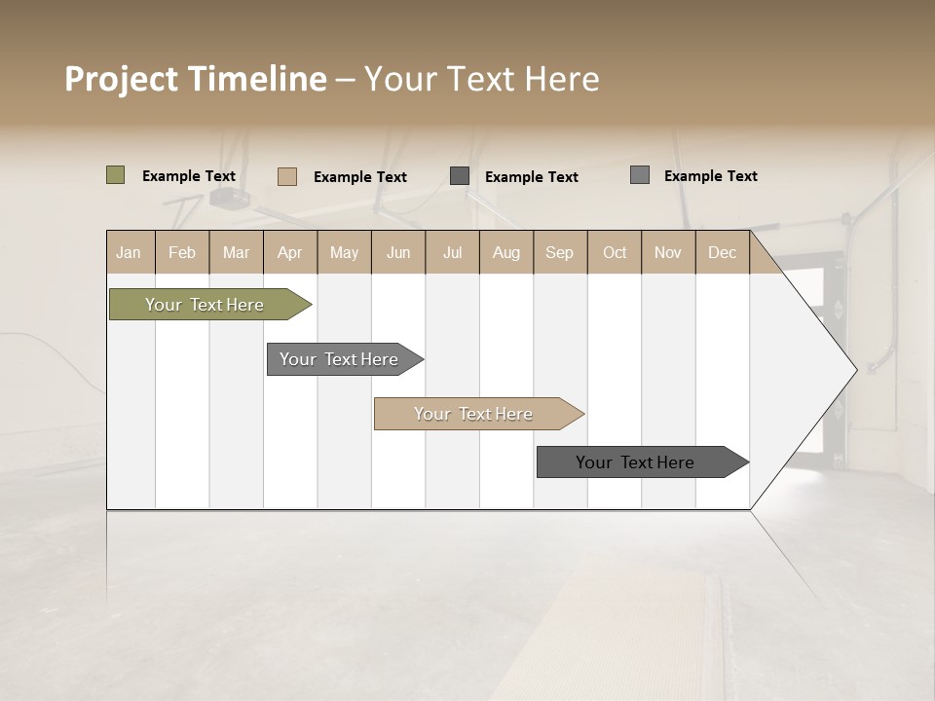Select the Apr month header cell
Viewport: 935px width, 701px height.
[x=290, y=252]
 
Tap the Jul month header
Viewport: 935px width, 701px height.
[x=453, y=252]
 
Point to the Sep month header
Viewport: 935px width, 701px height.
[x=560, y=252]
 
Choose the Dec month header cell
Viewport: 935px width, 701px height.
[x=723, y=252]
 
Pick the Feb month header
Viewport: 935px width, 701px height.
[x=182, y=252]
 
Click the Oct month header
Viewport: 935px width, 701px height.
[x=615, y=252]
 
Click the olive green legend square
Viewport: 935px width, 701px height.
[x=116, y=175]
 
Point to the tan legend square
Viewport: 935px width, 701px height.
[x=287, y=176]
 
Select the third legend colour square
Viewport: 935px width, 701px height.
[x=460, y=176]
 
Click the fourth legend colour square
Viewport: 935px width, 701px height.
[x=640, y=175]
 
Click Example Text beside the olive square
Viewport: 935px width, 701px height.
[x=189, y=176]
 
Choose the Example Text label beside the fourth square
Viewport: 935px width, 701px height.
[x=711, y=176]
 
